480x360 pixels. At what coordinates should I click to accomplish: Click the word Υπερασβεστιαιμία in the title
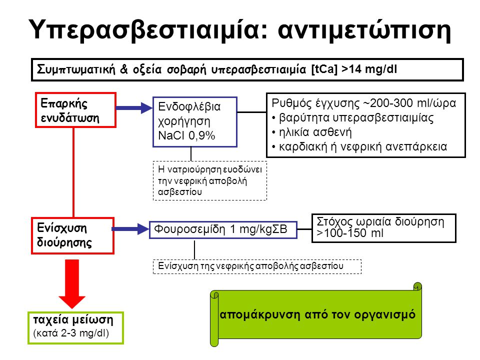148,30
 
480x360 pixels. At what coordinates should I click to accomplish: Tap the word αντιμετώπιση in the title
364,30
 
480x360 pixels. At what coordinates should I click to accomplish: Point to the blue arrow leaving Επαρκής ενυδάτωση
134,108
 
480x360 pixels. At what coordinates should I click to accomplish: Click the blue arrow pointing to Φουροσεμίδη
130,229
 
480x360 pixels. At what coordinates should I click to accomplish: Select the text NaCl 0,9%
186,135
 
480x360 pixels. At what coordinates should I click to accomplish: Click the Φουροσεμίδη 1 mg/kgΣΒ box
223,229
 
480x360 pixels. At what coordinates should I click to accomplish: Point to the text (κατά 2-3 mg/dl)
71,333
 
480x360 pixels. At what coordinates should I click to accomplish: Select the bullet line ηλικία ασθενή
312,132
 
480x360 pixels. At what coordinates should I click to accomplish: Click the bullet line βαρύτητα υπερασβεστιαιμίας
352,118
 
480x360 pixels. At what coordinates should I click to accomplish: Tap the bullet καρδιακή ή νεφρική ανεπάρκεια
359,147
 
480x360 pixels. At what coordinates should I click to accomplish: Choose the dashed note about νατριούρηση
210,180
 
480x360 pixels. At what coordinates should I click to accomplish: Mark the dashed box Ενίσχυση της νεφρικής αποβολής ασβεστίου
257,266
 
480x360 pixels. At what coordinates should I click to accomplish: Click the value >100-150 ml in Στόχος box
350,233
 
